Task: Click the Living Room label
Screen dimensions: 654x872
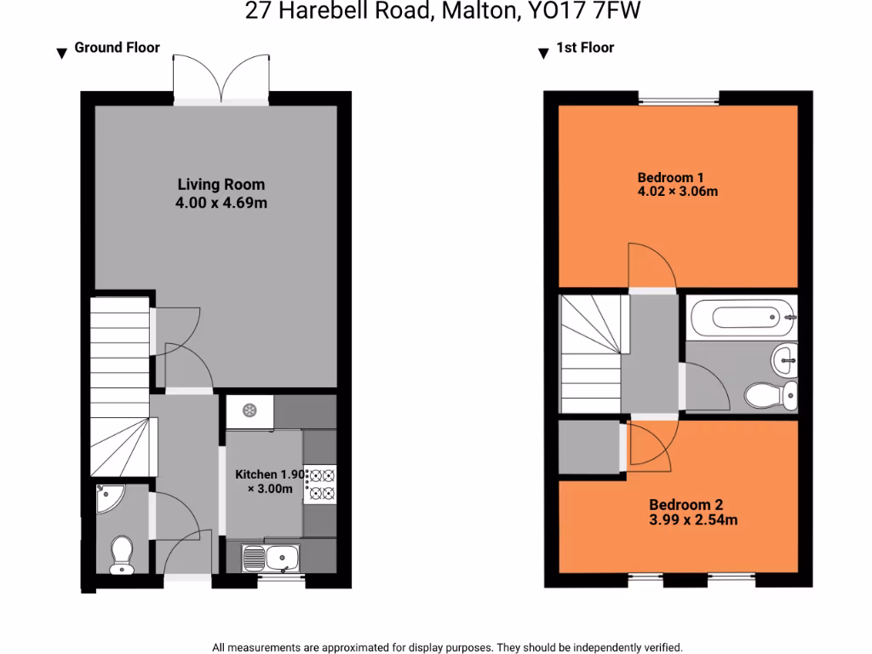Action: [x=221, y=184]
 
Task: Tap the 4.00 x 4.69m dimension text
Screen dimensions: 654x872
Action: [x=221, y=203]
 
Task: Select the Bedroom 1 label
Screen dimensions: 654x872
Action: [x=665, y=177]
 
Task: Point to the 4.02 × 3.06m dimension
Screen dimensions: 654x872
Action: [x=678, y=191]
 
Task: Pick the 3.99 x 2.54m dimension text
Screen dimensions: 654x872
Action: [x=693, y=519]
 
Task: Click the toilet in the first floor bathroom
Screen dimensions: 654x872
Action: [x=771, y=395]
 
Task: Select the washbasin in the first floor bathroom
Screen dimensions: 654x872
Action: [x=783, y=360]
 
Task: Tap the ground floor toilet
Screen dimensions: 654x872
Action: [x=121, y=554]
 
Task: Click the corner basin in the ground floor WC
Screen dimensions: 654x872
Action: [x=108, y=498]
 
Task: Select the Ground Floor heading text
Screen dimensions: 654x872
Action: [x=117, y=48]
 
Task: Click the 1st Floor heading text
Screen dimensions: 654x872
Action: [x=585, y=48]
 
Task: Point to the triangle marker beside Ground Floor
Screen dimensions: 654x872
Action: [x=61, y=54]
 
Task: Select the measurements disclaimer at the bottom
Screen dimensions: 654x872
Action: [x=447, y=647]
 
